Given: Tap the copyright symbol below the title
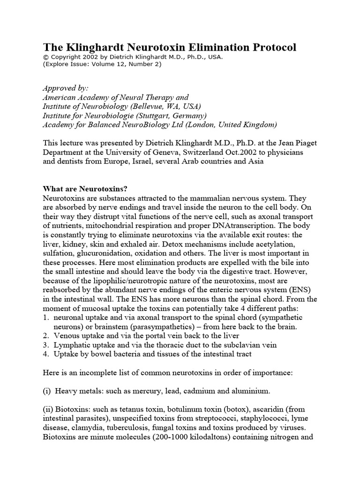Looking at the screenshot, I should point(45,57).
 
